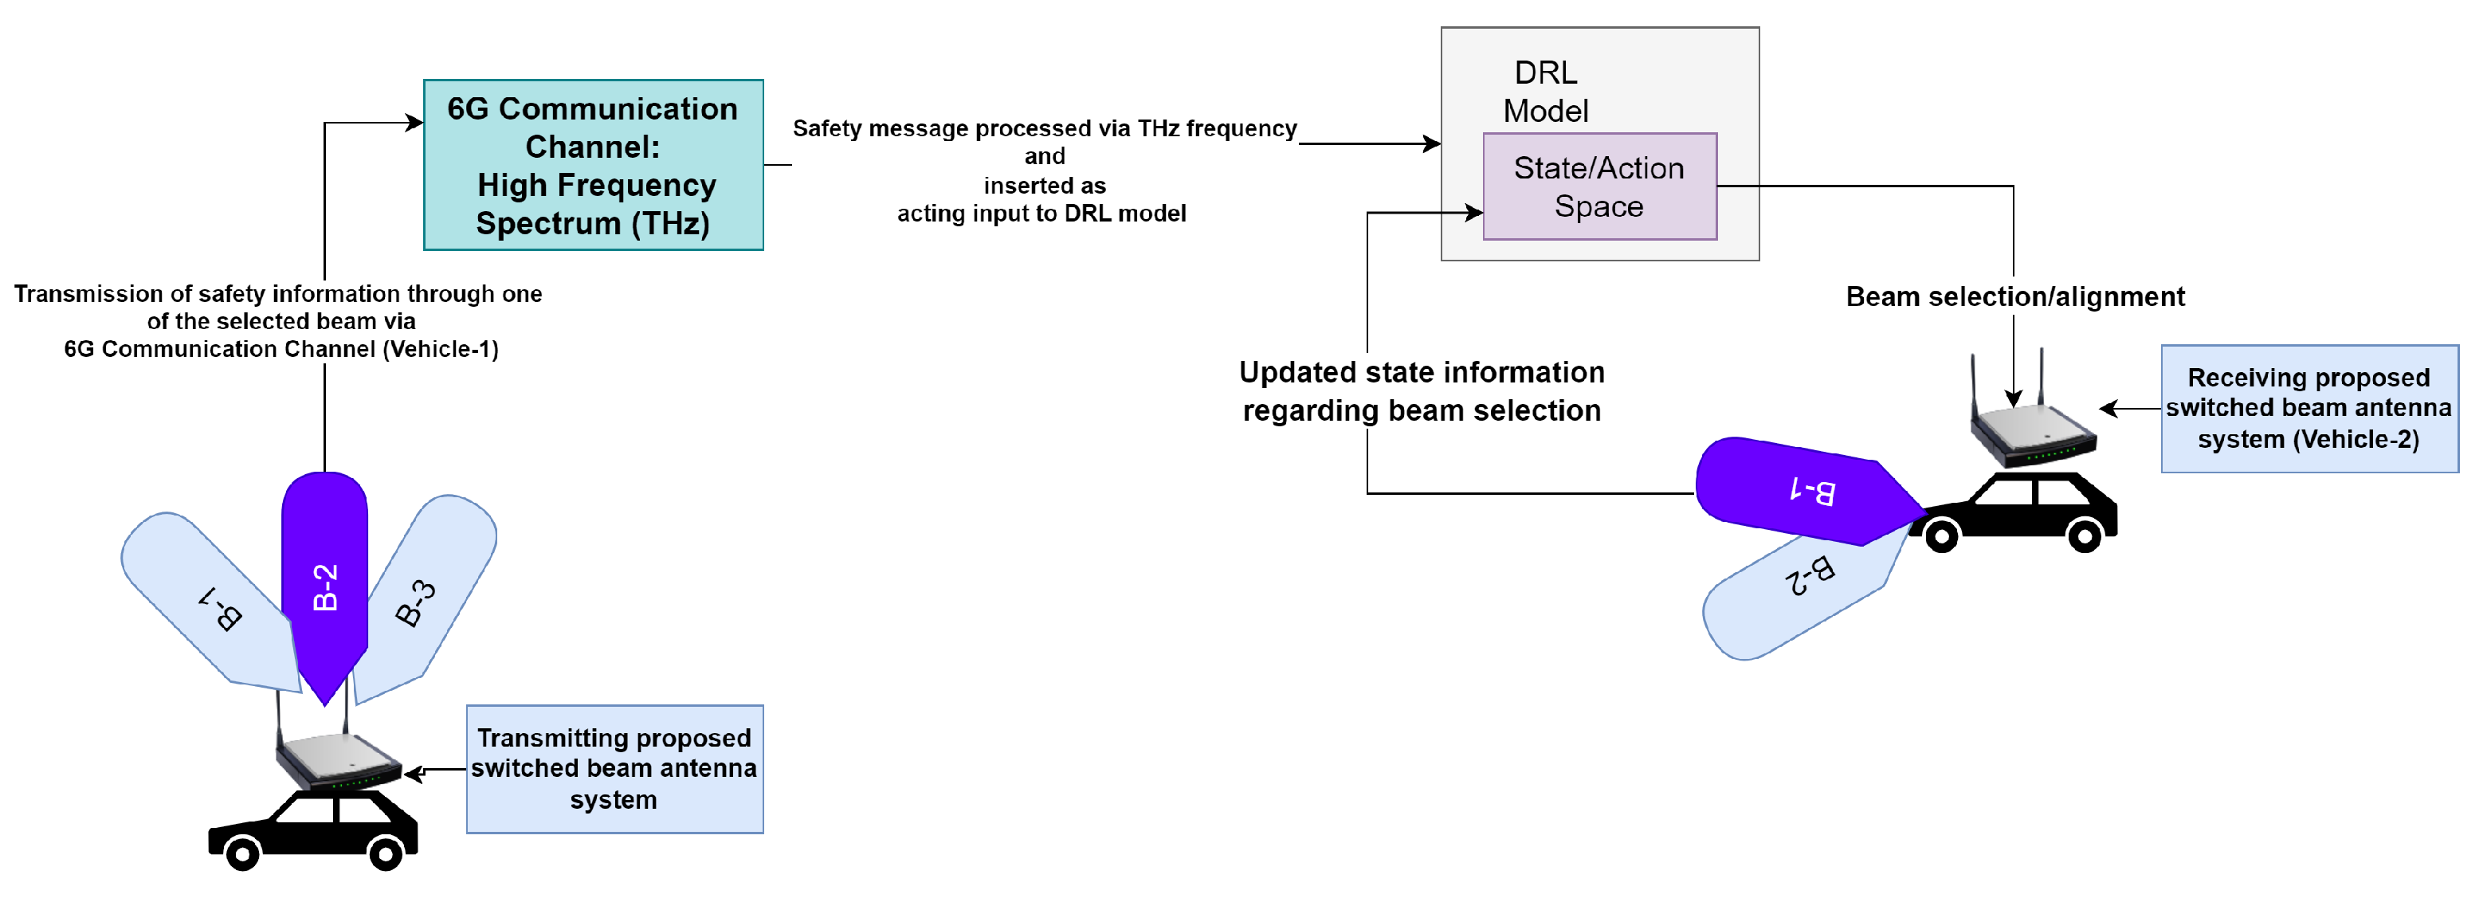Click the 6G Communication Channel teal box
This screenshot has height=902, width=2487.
[593, 165]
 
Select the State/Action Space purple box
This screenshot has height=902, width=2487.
[1599, 186]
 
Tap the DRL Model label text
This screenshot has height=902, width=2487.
[1545, 92]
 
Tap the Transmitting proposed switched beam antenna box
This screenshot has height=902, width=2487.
[614, 769]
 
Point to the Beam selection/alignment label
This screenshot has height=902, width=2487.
[2015, 296]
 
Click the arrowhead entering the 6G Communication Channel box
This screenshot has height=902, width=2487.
[415, 123]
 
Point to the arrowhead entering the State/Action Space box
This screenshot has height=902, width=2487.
[1474, 213]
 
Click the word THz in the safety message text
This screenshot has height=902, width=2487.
[1159, 128]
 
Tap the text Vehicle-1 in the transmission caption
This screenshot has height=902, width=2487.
[440, 349]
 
